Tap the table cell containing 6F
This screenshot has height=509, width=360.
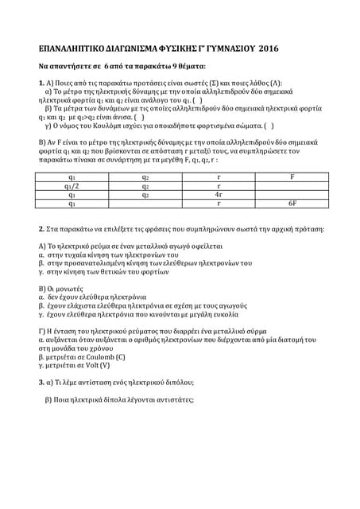pos(292,204)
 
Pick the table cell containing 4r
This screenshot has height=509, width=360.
pos(219,194)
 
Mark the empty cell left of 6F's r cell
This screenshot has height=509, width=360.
pos(145,204)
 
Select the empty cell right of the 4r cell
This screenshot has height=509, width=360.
pos(292,194)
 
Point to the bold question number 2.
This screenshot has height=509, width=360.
pos(42,229)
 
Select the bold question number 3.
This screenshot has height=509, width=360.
pos(42,383)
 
